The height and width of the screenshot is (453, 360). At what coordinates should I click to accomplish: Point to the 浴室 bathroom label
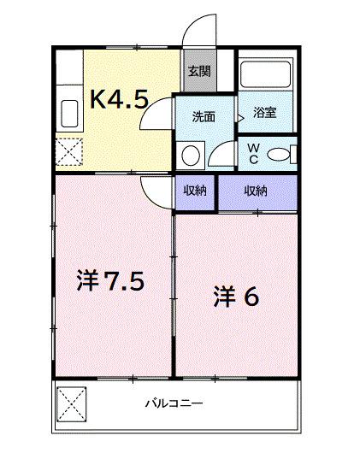(264, 112)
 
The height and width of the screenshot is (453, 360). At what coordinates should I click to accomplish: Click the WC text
(254, 154)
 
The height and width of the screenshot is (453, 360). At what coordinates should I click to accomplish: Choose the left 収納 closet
(195, 191)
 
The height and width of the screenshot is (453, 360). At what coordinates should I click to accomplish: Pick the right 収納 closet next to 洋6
(256, 191)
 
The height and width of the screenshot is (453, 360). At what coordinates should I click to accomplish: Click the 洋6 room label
(235, 296)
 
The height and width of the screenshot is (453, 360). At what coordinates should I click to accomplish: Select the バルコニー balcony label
(173, 402)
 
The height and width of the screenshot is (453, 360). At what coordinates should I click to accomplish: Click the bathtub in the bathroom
(265, 74)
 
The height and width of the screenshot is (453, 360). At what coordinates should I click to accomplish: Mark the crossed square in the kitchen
(69, 152)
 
